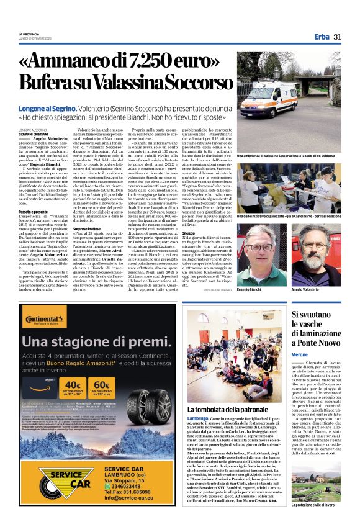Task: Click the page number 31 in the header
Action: coord(338,37)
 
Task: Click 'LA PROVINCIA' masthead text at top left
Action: coord(29,34)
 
